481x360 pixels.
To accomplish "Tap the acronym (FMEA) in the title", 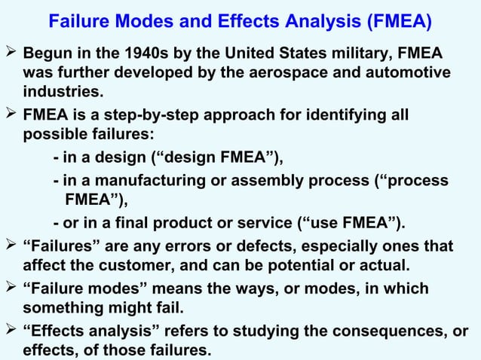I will (400, 21).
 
